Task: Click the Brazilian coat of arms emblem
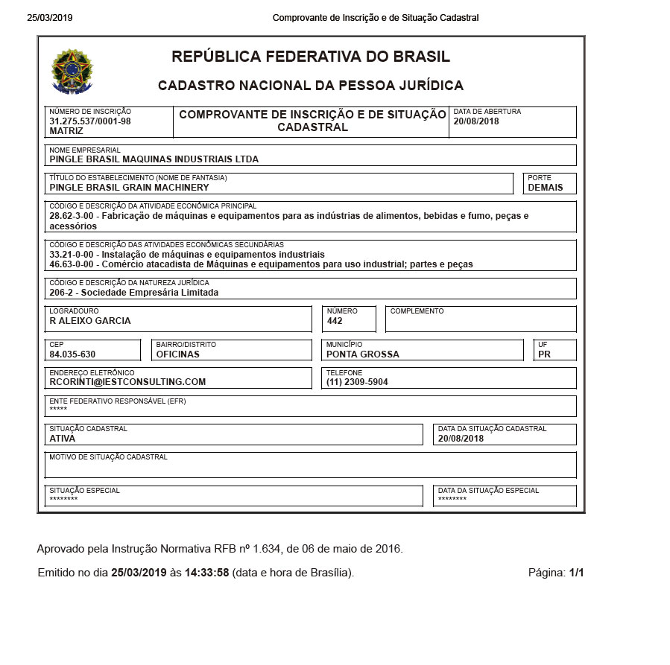(x=72, y=71)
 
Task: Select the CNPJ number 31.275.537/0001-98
(x=90, y=121)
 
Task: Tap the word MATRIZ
(x=66, y=131)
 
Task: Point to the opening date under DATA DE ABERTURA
(x=476, y=121)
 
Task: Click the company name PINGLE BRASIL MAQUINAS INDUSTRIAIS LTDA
(x=154, y=159)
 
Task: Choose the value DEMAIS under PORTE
(x=546, y=188)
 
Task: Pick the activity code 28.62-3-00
(x=71, y=216)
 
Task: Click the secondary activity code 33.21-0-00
(x=71, y=255)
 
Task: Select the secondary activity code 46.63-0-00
(x=71, y=264)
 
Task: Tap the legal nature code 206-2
(x=61, y=293)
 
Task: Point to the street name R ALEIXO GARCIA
(x=90, y=321)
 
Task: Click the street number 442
(x=335, y=321)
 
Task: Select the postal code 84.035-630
(x=72, y=354)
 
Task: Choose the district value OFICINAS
(x=177, y=354)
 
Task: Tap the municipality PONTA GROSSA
(x=363, y=354)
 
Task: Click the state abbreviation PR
(x=544, y=354)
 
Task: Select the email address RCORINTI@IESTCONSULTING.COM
(x=127, y=382)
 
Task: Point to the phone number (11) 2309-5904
(x=357, y=382)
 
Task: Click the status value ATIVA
(x=63, y=439)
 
